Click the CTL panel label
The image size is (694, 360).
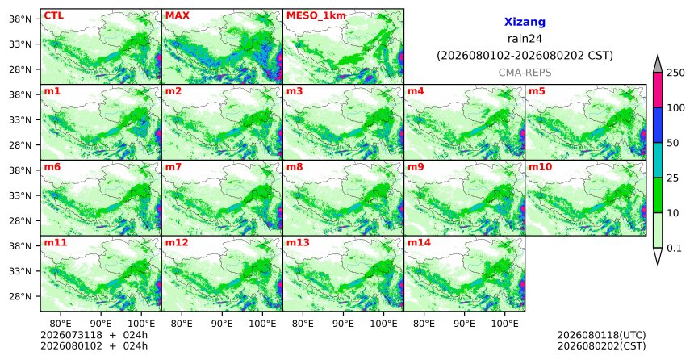(x=53, y=15)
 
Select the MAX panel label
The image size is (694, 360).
(x=177, y=15)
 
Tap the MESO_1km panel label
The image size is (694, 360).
(x=316, y=15)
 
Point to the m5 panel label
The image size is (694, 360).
(x=536, y=91)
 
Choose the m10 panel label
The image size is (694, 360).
(x=540, y=167)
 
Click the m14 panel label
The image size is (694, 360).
(x=419, y=243)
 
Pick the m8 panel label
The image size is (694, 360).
(x=295, y=167)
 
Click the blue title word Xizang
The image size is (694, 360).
(x=525, y=22)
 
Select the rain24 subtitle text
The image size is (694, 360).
(x=525, y=39)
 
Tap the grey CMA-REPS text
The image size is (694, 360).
(x=525, y=73)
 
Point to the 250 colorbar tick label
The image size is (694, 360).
(x=675, y=73)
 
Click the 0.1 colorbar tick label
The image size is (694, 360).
(x=674, y=248)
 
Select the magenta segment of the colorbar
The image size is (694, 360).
(x=657, y=90)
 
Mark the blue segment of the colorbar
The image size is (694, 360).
(x=657, y=125)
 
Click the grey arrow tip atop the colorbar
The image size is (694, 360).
(x=657, y=56)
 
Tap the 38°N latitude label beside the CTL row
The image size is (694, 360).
(x=20, y=19)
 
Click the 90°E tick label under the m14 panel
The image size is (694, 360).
(x=464, y=324)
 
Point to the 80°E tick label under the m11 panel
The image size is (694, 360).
(x=61, y=324)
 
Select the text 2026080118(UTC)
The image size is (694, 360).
(x=601, y=335)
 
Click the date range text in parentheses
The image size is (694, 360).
(x=525, y=56)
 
